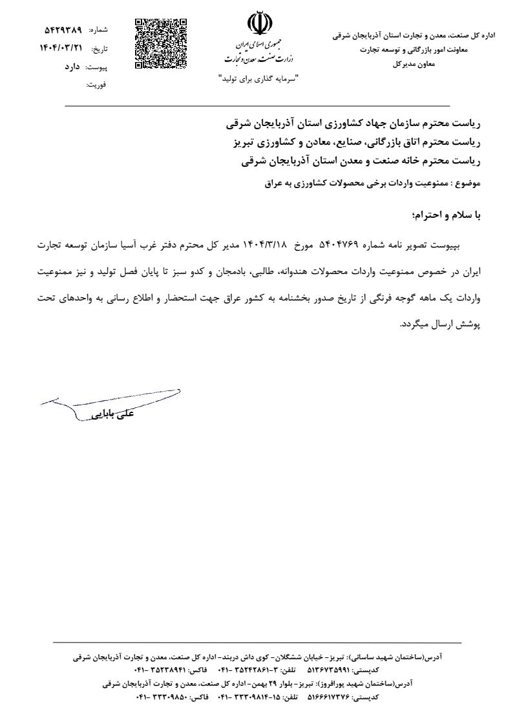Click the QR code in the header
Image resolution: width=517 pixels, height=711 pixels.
tap(161, 44)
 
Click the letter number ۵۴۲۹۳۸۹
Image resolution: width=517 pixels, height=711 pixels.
tap(63, 30)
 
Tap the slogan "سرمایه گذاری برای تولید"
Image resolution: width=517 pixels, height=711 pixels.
tap(257, 79)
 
